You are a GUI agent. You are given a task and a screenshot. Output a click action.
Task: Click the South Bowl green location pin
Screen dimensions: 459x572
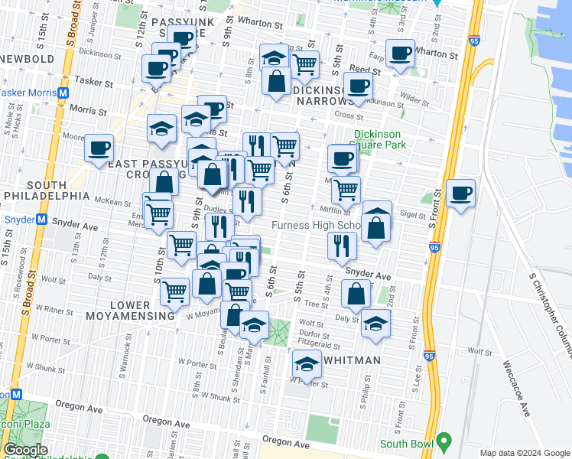443,442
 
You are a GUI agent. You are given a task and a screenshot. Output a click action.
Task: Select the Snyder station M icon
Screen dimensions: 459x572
44,219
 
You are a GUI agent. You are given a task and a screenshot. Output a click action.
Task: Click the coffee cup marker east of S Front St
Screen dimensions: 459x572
460,193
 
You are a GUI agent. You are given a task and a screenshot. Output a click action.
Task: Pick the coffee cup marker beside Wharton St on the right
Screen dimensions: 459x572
400,53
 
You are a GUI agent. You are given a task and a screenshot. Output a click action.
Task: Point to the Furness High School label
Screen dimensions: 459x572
317,226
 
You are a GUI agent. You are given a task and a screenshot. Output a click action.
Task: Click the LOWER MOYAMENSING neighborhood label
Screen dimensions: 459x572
141,311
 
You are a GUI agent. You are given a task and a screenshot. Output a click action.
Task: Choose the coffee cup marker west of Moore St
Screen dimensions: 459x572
99,147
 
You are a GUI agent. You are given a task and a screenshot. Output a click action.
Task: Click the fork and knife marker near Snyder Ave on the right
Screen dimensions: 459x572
342,245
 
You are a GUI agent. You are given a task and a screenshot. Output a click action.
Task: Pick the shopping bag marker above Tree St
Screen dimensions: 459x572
356,293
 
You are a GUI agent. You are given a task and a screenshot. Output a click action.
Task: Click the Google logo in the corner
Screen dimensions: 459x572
25,450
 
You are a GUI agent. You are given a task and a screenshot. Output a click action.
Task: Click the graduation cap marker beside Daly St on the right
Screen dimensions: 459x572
375,323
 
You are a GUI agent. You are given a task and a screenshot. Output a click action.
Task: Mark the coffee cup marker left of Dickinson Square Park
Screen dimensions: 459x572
343,158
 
